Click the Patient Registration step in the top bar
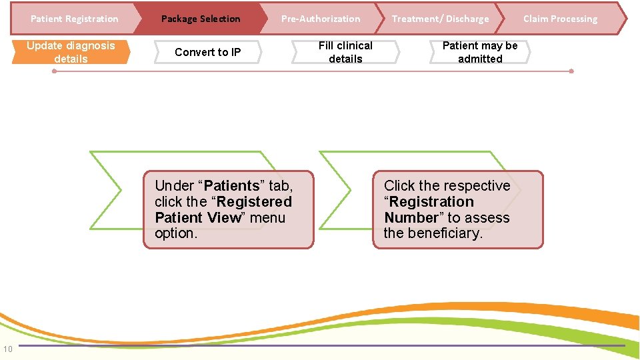coord(74,19)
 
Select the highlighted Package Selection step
coord(201,19)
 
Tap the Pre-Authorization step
coord(320,19)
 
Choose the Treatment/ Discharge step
coord(440,19)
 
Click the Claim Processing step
coord(560,19)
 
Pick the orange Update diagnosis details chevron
coord(71,52)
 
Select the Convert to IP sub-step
coord(207,52)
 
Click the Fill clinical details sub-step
coord(345,52)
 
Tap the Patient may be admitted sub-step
coord(480,52)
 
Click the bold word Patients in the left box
coord(231,186)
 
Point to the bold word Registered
coord(254,202)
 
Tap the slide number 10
coord(7,349)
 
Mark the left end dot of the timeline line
coord(55,71)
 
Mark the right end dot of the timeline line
coord(571,71)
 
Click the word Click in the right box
coord(399,186)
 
